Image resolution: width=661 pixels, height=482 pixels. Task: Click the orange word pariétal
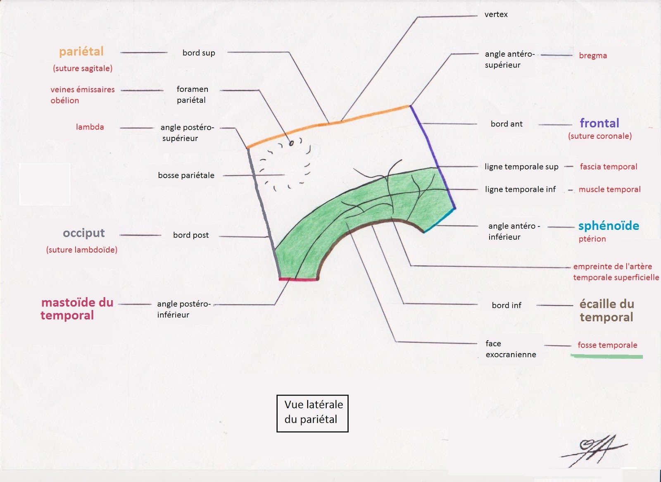click(81, 52)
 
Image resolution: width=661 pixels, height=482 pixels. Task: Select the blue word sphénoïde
click(609, 226)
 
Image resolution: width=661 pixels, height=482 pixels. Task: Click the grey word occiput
click(84, 233)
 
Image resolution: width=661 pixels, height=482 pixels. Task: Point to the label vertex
click(496, 14)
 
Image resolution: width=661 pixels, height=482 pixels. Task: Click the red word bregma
click(593, 55)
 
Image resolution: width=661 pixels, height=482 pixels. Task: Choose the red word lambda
click(90, 127)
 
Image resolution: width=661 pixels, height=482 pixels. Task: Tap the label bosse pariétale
click(186, 175)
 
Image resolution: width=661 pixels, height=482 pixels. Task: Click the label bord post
click(191, 235)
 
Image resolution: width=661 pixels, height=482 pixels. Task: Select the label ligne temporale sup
click(521, 167)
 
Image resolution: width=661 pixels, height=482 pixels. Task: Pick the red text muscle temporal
click(609, 189)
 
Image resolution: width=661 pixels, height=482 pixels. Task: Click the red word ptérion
click(592, 239)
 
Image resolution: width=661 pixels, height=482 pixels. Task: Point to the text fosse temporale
click(607, 345)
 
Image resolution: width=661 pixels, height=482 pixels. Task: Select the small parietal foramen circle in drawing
click(291, 143)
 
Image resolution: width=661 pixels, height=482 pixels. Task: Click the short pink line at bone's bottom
click(298, 280)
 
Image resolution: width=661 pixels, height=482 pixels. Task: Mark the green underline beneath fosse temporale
click(606, 356)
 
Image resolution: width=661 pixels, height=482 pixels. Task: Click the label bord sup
click(199, 53)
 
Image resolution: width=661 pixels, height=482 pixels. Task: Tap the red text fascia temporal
click(608, 167)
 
